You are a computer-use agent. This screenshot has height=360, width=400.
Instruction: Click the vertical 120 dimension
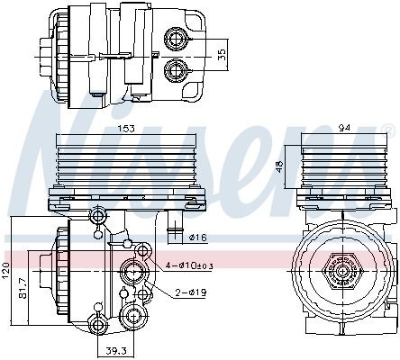point(8,270)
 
